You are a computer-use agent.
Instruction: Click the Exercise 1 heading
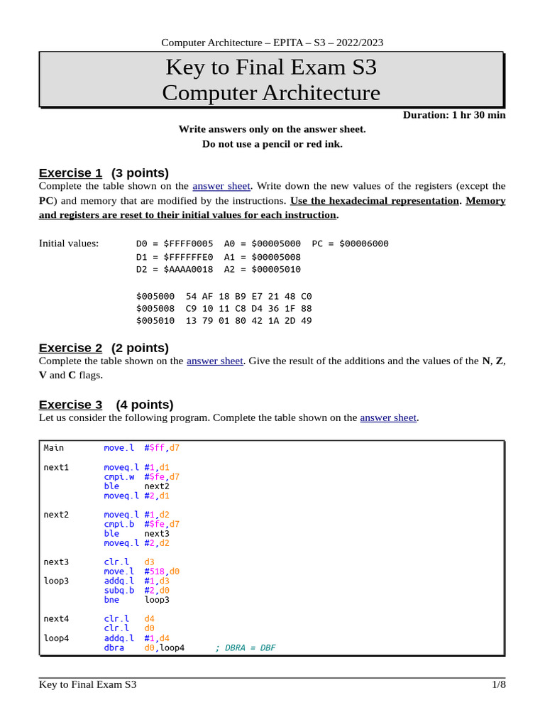pyautogui.click(x=70, y=173)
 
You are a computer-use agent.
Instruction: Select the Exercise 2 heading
pyautogui.click(x=70, y=347)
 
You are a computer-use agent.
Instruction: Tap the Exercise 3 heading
pyautogui.click(x=70, y=404)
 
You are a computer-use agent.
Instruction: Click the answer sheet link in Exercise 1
pyautogui.click(x=221, y=186)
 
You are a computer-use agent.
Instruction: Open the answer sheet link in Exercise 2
pyautogui.click(x=215, y=361)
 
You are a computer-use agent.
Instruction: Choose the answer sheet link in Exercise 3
pyautogui.click(x=388, y=417)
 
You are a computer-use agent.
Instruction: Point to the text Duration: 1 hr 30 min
pyautogui.click(x=454, y=115)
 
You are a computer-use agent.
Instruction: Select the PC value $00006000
pyautogui.click(x=364, y=244)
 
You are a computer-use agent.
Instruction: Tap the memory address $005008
pyautogui.click(x=155, y=308)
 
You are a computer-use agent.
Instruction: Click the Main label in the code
pyautogui.click(x=54, y=447)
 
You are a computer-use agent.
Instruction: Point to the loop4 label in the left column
pyautogui.click(x=56, y=638)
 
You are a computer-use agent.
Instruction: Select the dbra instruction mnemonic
pyautogui.click(x=114, y=647)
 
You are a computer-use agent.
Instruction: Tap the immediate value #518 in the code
pyautogui.click(x=154, y=571)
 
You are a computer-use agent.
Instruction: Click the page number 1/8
pyautogui.click(x=498, y=684)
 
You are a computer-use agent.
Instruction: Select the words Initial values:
pyautogui.click(x=69, y=244)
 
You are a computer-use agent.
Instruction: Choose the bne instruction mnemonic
pyautogui.click(x=111, y=599)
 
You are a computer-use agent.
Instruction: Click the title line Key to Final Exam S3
pyautogui.click(x=271, y=67)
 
